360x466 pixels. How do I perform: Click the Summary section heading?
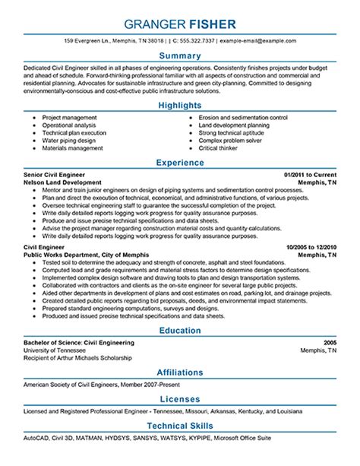click(179, 57)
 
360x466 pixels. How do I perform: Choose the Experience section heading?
click(179, 162)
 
